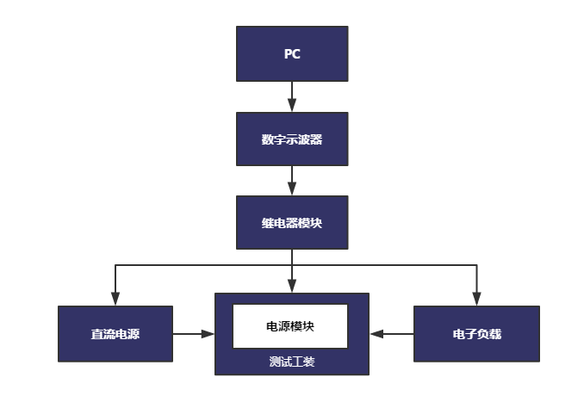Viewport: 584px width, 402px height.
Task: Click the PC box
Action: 292,53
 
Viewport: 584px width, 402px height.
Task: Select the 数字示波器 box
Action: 292,139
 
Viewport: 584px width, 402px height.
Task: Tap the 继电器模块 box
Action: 292,223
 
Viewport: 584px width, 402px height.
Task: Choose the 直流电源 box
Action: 115,334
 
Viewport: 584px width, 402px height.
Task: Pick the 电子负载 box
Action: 476,334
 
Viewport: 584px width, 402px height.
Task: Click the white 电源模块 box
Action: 290,326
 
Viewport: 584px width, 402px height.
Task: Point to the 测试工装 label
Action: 292,362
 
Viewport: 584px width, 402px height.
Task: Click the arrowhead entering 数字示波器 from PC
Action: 292,105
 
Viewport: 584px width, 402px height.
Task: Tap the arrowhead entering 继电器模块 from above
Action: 292,189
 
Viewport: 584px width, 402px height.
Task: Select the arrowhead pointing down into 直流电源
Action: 115,299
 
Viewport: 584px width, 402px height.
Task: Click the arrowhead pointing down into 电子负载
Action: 476,299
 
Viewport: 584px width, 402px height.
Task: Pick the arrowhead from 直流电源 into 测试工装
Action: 208,334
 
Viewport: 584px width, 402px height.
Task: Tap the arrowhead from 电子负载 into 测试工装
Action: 376,334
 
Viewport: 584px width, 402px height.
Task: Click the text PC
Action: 292,54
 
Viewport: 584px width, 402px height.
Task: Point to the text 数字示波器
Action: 292,139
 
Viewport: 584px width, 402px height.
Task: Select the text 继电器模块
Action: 292,223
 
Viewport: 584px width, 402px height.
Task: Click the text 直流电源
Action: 115,334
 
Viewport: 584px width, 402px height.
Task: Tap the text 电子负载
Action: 477,334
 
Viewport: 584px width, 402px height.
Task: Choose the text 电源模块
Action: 290,326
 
